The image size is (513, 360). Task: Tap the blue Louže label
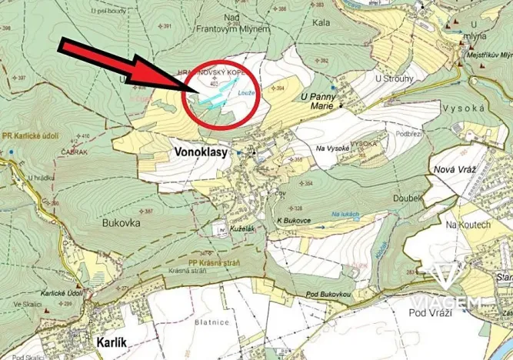[246, 93]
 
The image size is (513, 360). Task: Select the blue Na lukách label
[346, 213]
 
